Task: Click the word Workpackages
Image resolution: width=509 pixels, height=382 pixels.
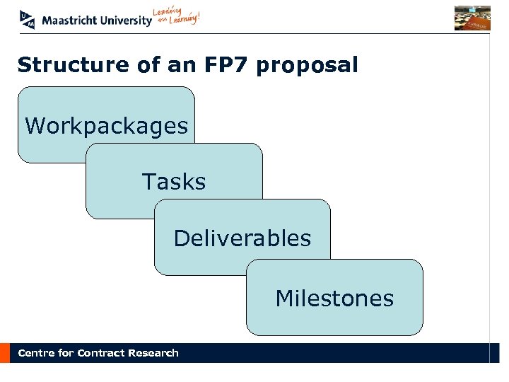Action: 106,127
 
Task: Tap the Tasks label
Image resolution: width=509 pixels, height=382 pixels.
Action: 174,182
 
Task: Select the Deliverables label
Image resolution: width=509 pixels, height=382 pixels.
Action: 242,238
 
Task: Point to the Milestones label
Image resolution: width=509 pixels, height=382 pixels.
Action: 334,299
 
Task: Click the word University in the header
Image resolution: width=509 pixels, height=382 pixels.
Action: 125,21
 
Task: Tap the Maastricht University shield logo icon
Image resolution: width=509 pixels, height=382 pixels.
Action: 28,20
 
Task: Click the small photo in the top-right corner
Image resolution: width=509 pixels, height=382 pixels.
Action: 472,18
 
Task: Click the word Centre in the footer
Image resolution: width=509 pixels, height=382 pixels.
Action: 36,353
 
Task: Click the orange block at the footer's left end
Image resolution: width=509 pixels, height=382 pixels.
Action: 5,353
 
